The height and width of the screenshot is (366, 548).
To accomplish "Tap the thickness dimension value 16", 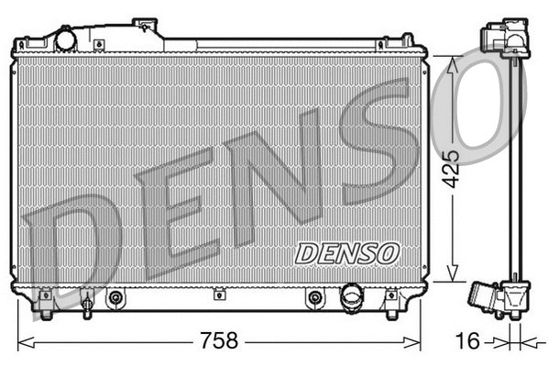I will (x=467, y=341).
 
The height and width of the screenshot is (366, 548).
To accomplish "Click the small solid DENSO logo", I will (x=347, y=250).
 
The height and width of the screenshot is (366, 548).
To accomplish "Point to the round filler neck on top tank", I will (x=66, y=39).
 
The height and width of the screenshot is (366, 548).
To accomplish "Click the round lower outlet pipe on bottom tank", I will (x=352, y=296).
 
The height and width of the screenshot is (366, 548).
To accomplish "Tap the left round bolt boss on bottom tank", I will (x=115, y=297).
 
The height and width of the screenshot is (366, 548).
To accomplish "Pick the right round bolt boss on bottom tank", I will (x=314, y=297).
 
